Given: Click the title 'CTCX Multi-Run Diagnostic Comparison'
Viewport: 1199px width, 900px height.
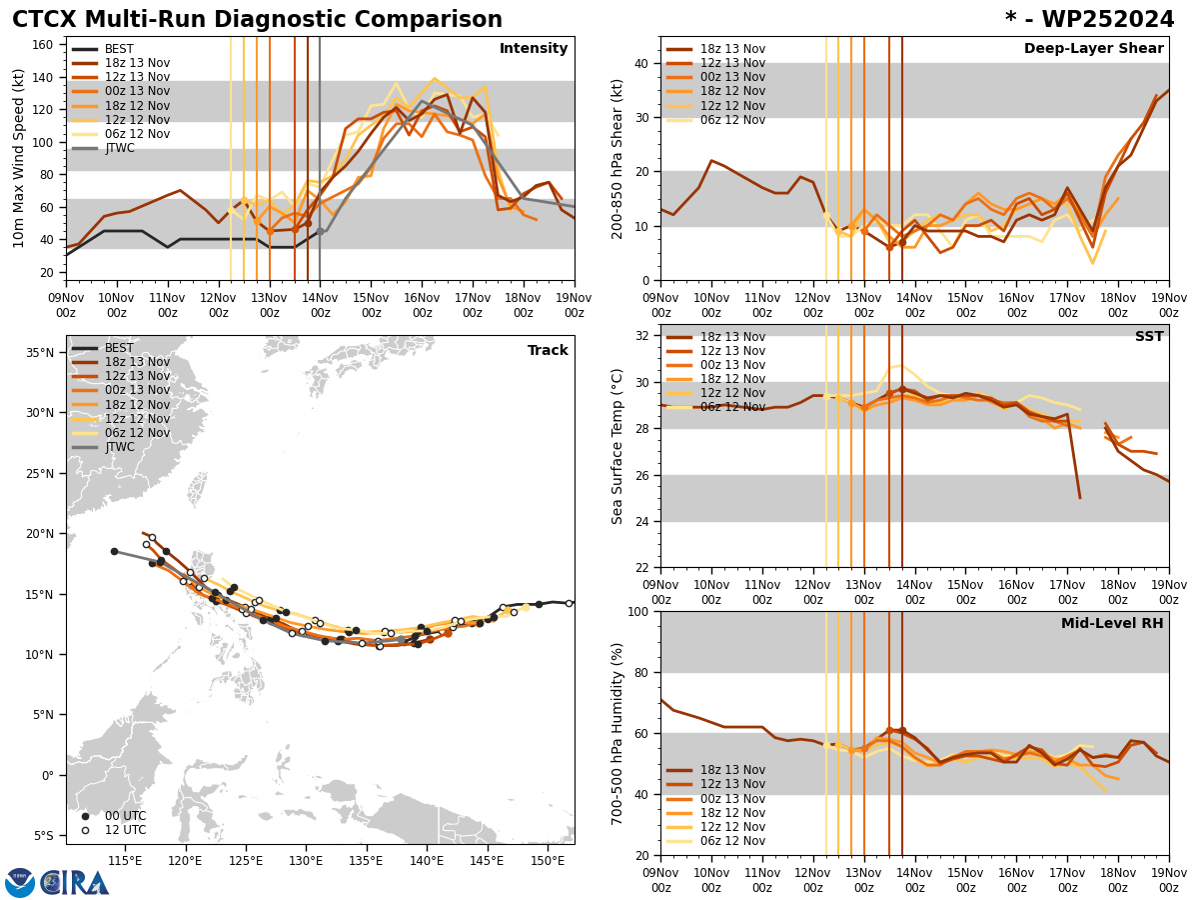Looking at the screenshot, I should click(x=257, y=20).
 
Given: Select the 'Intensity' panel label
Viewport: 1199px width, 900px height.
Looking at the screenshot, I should click(x=534, y=49).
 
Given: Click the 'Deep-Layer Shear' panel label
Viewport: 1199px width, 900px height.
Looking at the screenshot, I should click(x=1093, y=49).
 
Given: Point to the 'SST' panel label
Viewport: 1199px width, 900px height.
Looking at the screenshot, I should click(x=1149, y=337).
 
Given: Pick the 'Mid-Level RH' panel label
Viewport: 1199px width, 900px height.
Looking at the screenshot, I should click(x=1112, y=624).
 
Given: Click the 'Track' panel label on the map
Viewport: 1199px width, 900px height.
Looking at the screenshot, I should click(x=548, y=351).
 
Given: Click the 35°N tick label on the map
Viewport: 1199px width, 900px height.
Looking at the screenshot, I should click(x=39, y=352).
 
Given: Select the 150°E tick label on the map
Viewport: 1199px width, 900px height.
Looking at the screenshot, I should click(x=548, y=860).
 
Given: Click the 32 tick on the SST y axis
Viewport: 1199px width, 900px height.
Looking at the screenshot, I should click(x=644, y=336).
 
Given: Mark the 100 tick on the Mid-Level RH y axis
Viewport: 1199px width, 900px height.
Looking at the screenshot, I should click(x=639, y=611).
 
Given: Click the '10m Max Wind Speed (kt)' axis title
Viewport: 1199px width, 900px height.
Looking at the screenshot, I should click(x=19, y=158).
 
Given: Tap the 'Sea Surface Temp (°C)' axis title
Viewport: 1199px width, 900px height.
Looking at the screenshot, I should click(x=617, y=446).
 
